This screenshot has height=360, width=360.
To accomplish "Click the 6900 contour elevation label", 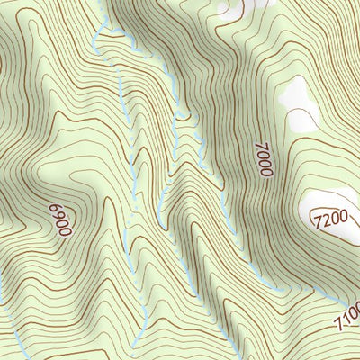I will [x=64, y=219].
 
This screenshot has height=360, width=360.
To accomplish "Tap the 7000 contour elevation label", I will [x=262, y=157].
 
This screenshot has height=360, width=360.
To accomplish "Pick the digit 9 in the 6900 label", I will [x=65, y=223].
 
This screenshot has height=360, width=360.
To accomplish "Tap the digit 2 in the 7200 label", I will [x=325, y=219].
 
